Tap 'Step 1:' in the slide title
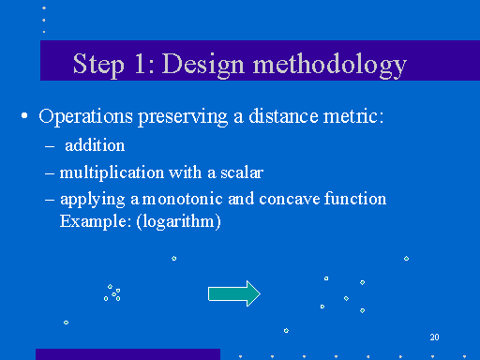pos(112,64)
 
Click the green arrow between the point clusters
pos(233,293)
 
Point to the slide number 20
pos(434,337)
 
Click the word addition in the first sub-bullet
pos(95,146)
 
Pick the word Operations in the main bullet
pos(82,117)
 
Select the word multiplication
pos(103,172)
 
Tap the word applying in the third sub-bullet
pos(88,199)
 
